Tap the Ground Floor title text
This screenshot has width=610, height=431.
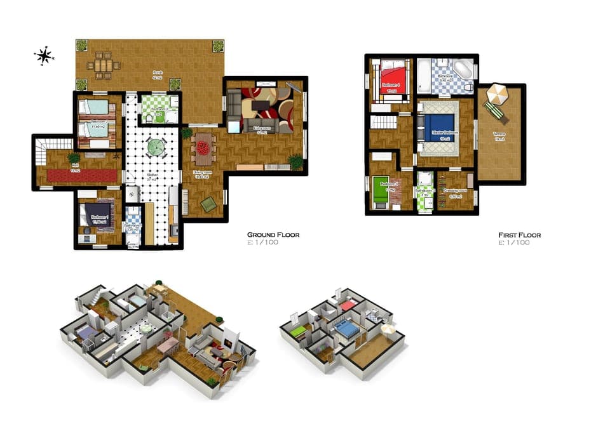(273, 235)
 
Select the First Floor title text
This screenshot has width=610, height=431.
(519, 235)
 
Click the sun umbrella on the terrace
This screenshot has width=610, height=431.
(498, 95)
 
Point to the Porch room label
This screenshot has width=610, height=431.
(158, 74)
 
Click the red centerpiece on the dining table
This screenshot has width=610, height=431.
(203, 148)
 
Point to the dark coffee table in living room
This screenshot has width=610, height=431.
(261, 106)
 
